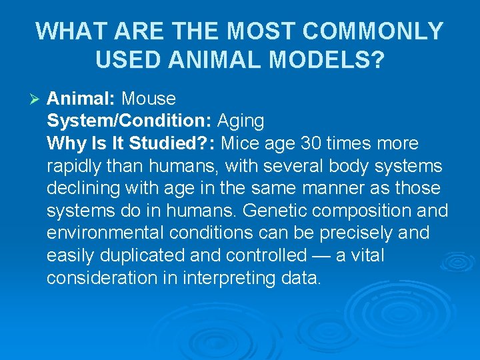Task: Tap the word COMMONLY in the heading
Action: pyautogui.click(x=378, y=31)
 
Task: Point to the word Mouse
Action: pyautogui.click(x=149, y=99)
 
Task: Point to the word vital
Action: pyautogui.click(x=367, y=256)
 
